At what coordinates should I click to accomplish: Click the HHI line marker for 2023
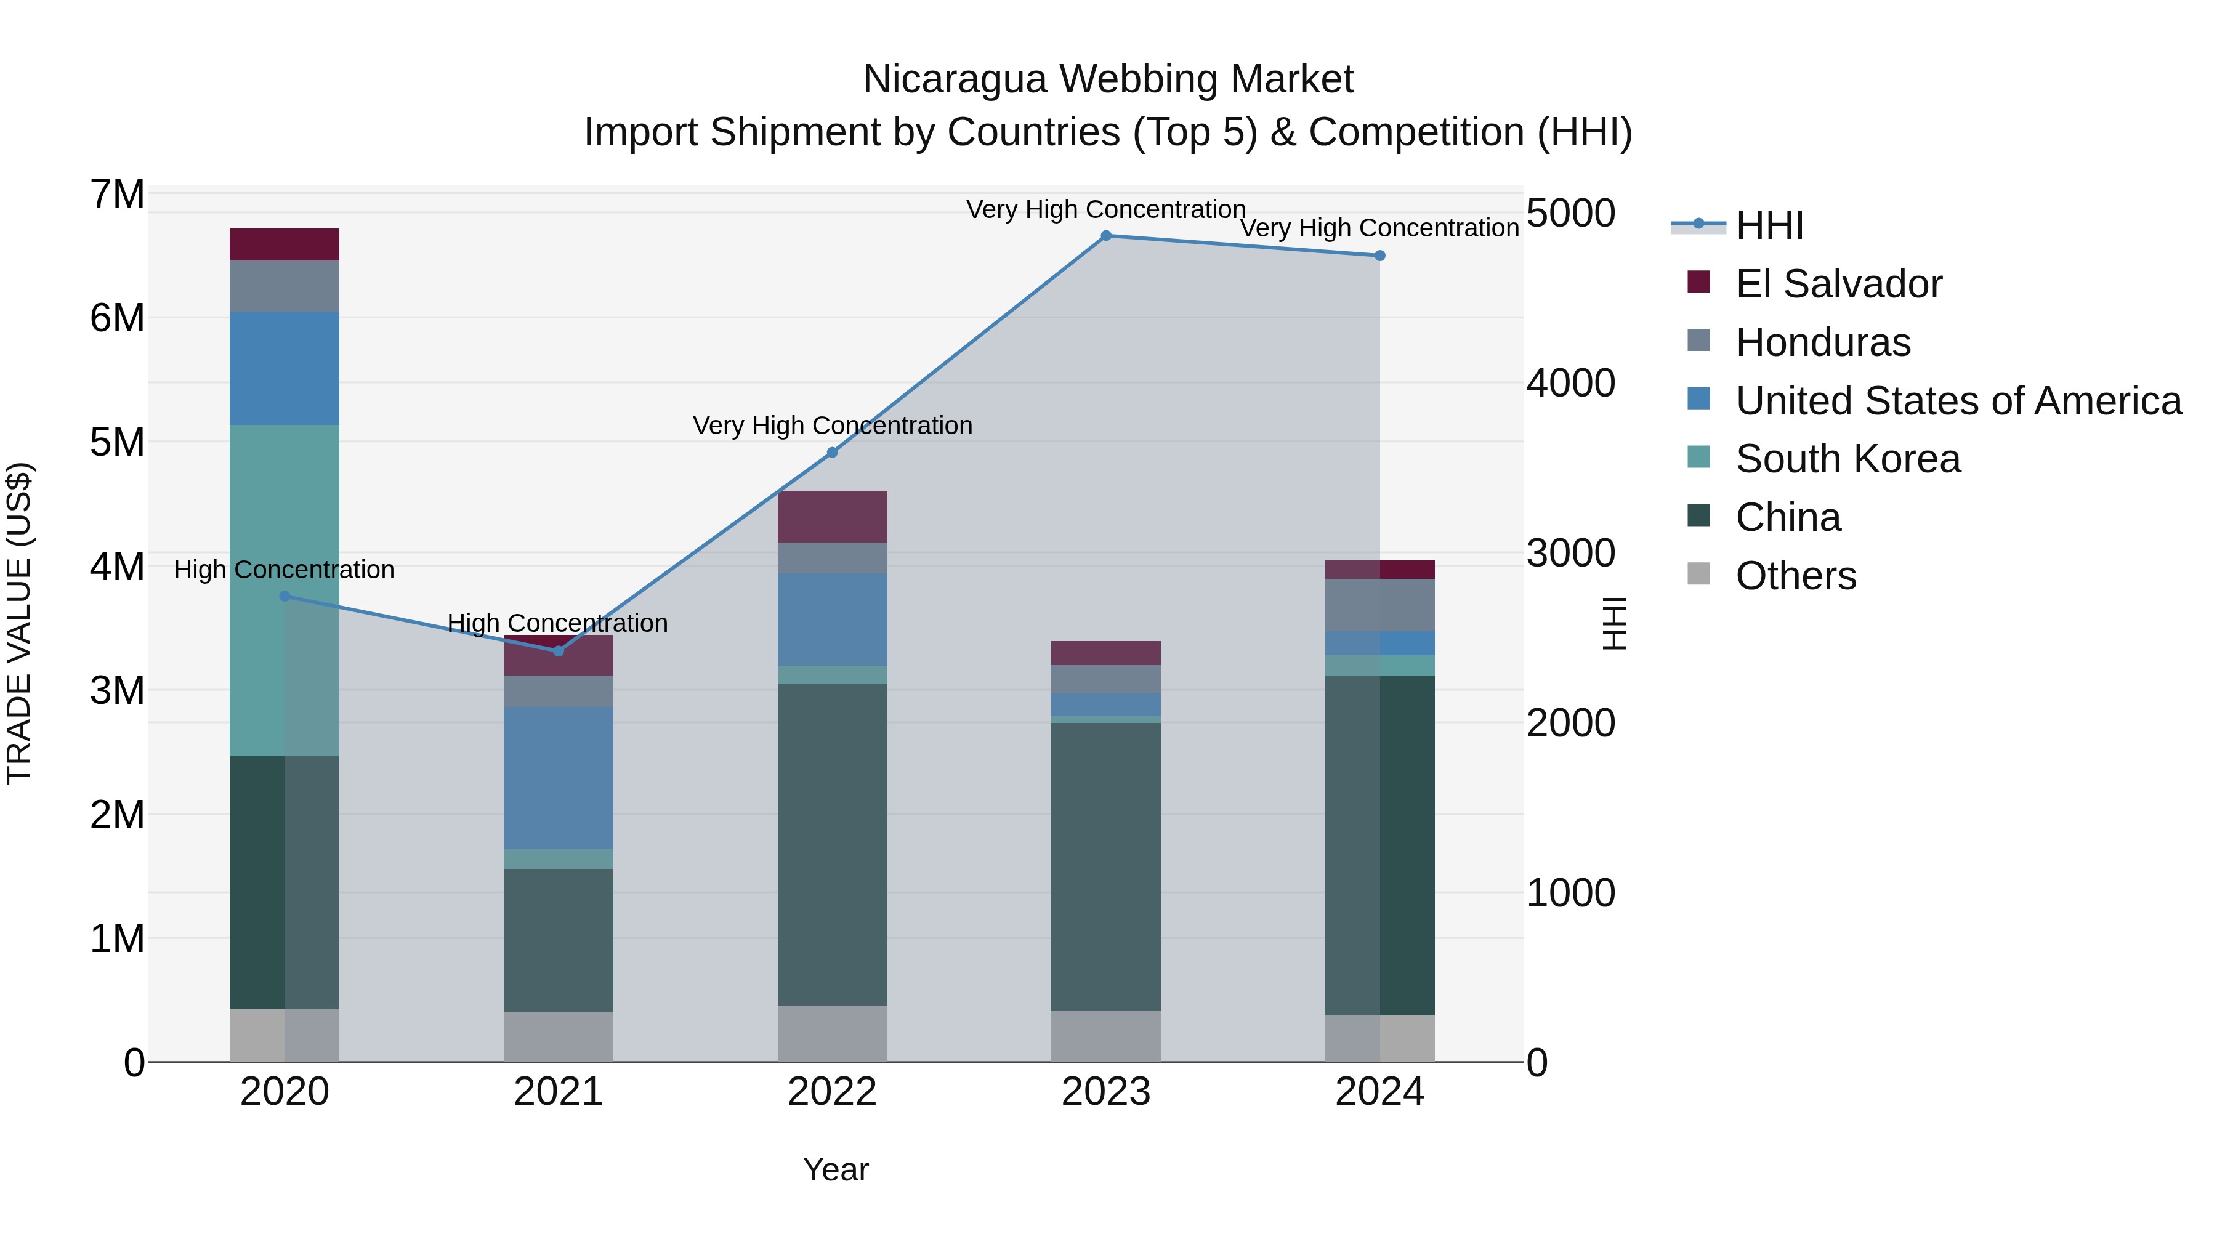1106,236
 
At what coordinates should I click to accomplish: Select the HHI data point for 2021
559,652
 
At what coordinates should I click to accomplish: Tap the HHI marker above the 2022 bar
832,453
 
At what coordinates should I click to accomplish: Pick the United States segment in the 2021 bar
559,778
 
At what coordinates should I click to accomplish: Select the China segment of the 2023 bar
1106,866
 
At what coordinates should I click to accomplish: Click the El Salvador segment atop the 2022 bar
832,517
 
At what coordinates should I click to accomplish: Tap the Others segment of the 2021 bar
559,1036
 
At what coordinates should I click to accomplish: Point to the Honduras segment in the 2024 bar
1379,605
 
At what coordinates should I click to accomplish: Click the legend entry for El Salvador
1838,284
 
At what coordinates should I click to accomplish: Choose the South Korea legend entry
1847,459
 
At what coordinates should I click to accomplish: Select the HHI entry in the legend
1769,225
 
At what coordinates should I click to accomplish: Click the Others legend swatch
1699,574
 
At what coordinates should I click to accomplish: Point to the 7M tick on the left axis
118,195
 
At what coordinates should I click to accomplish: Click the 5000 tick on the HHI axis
1570,214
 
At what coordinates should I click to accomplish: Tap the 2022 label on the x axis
832,1092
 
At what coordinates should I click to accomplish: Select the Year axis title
836,1169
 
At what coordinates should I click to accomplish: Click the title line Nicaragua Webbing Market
1108,79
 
